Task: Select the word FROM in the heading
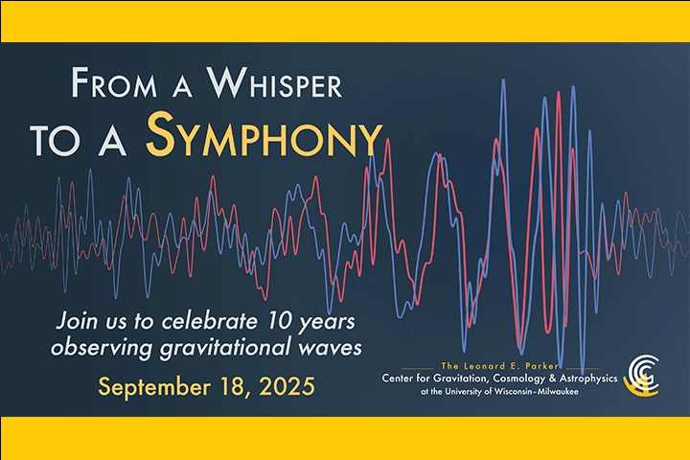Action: click(x=106, y=84)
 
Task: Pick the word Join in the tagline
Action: click(x=77, y=317)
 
